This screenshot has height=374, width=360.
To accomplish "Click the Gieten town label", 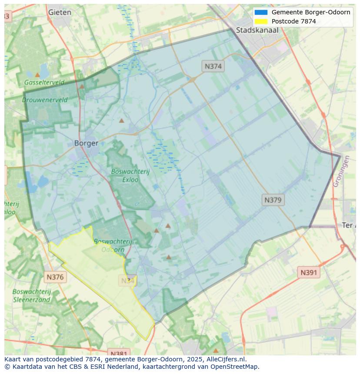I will tap(60, 12).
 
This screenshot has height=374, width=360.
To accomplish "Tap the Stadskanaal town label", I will tap(257, 30).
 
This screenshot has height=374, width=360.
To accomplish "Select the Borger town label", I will tap(86, 143).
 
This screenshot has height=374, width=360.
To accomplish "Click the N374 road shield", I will tap(213, 66).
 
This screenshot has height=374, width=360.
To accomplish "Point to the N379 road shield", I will tap(273, 200).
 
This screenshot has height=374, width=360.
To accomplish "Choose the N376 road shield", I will tap(55, 277).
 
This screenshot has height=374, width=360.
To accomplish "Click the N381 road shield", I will tap(118, 354).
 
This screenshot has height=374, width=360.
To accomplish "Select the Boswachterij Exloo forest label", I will tap(130, 175).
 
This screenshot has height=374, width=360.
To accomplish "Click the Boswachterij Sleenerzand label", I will tap(32, 295).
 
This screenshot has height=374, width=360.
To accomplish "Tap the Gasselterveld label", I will tap(44, 82).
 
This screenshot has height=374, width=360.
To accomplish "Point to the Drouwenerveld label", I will tap(45, 99).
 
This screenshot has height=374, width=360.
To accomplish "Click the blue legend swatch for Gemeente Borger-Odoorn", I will tap(261, 12).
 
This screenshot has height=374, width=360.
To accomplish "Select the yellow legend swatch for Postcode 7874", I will tap(261, 21).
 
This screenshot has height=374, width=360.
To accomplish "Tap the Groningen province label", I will tap(341, 171).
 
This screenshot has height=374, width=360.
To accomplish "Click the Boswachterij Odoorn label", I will tap(113, 245).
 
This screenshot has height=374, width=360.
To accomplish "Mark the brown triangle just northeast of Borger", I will tap(122, 120).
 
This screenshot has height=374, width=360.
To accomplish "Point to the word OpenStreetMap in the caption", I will tap(235, 366).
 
